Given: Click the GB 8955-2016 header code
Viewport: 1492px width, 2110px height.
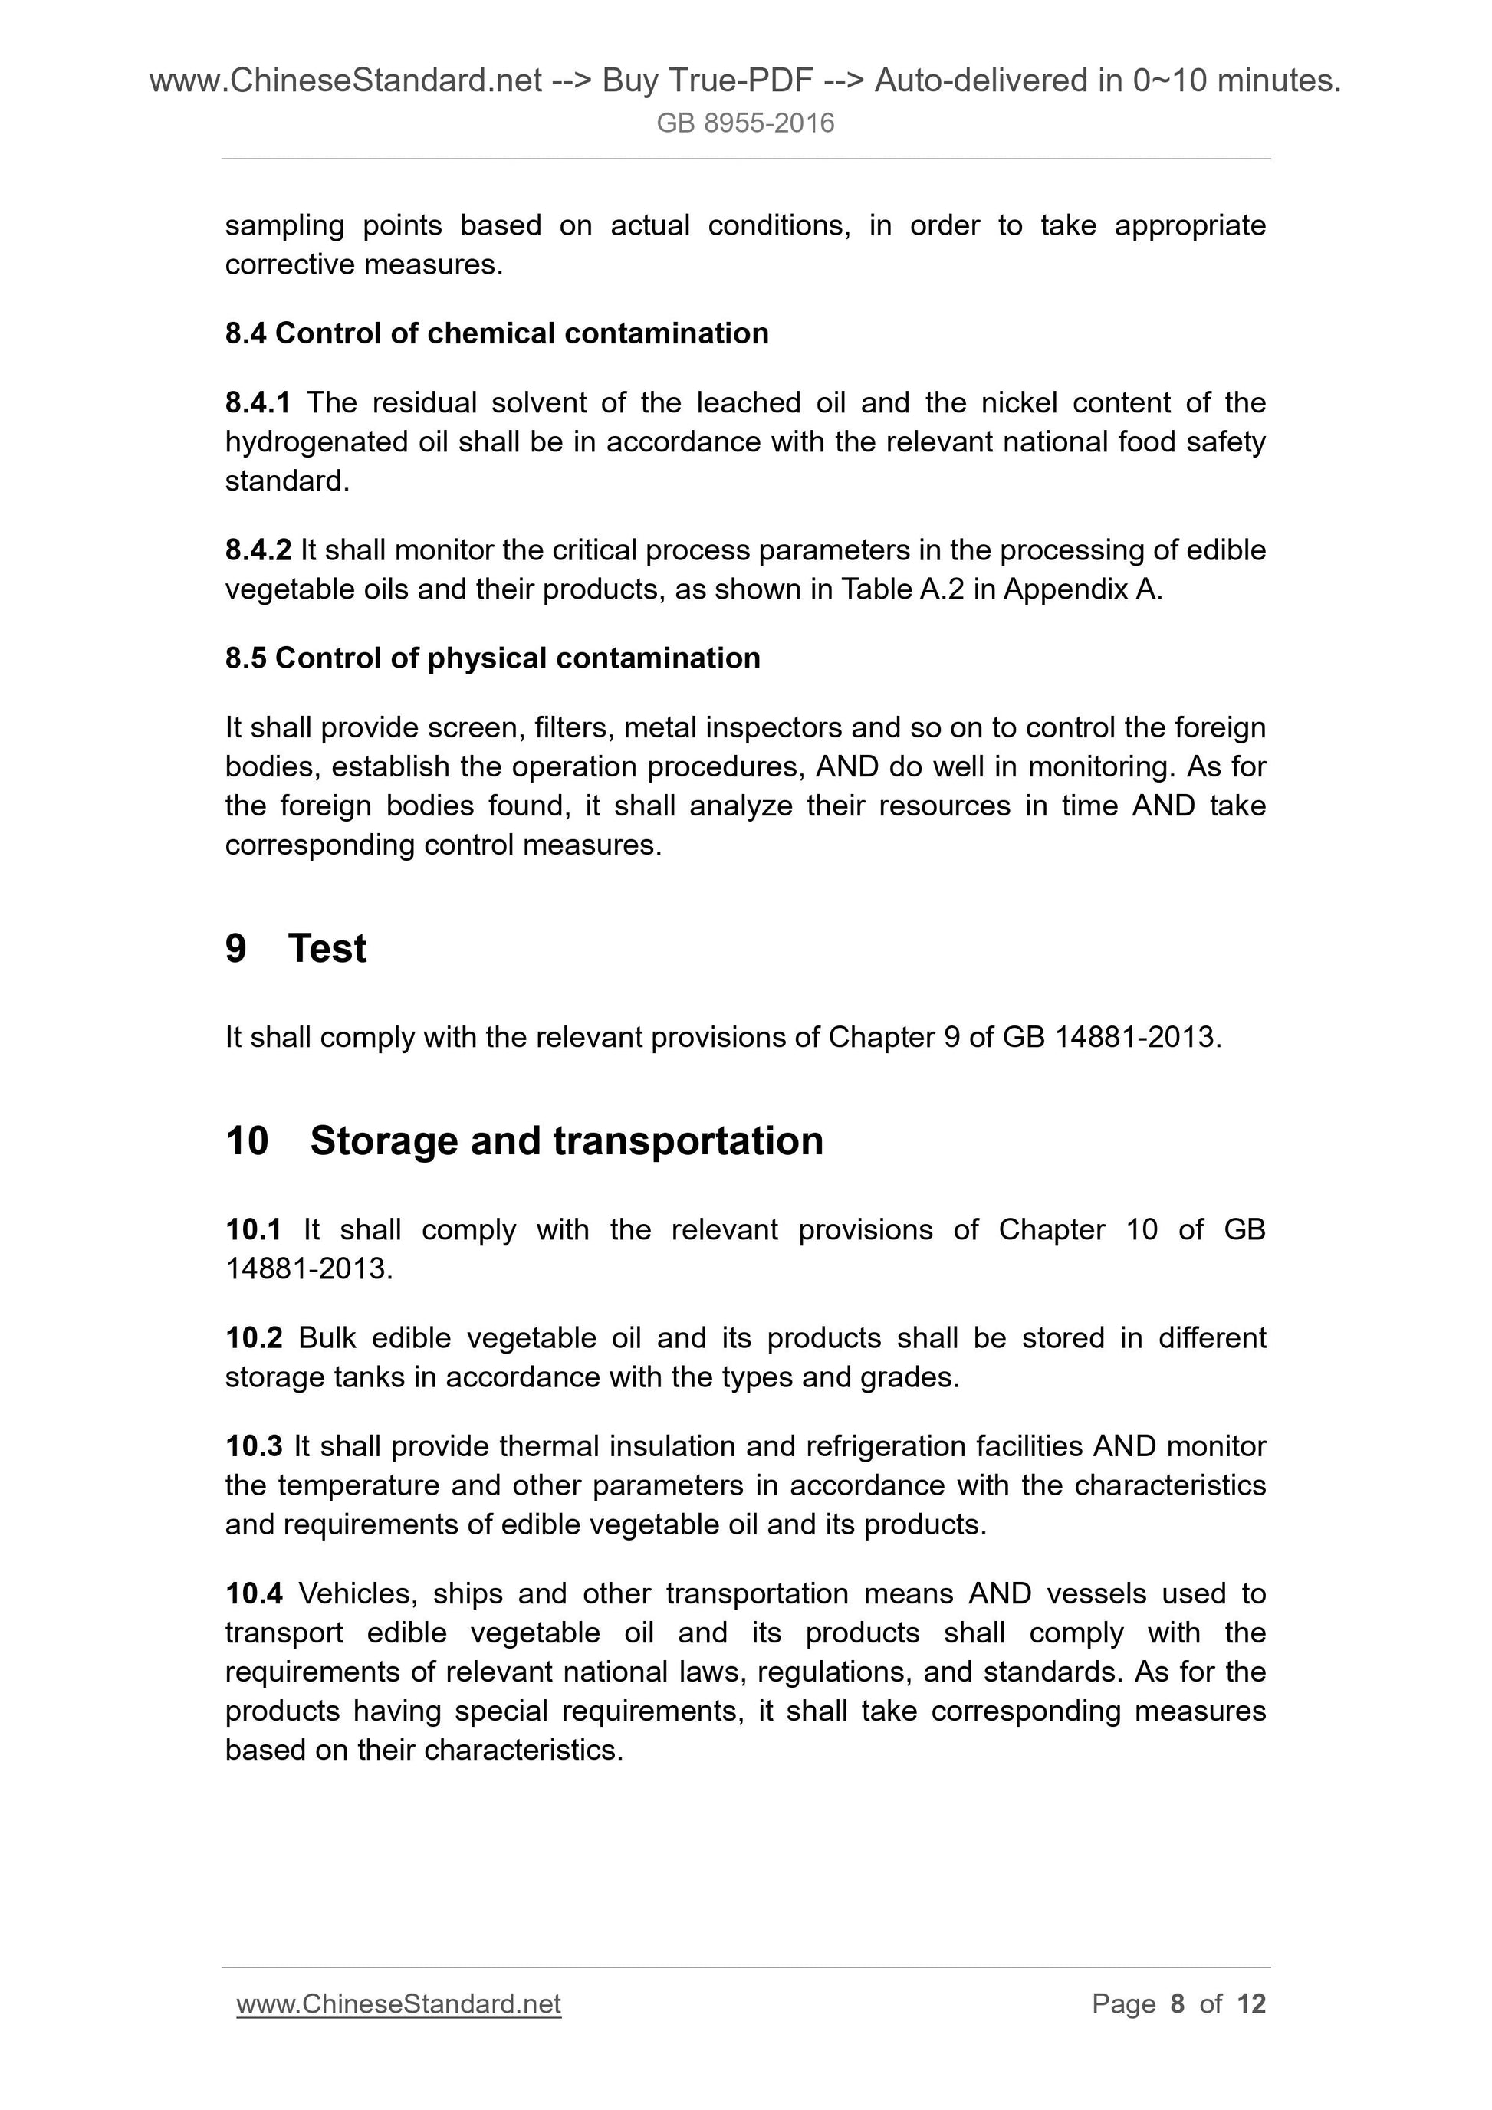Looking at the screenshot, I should (x=744, y=123).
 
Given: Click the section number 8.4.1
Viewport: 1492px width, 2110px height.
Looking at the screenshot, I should (x=258, y=402).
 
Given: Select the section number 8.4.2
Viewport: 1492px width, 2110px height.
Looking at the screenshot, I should (x=258, y=550).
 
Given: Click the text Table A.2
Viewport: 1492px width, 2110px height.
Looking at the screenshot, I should (x=902, y=589).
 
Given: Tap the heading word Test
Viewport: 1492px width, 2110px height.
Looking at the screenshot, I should (x=327, y=948).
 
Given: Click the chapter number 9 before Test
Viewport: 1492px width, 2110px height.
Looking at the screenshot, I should (x=235, y=948).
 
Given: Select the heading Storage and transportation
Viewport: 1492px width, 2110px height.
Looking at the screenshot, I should (x=567, y=1140).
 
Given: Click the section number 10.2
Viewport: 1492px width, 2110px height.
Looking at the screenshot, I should (x=254, y=1338).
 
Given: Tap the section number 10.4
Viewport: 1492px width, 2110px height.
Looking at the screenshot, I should (x=254, y=1593).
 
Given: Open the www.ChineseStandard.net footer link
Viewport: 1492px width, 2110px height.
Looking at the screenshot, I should (x=398, y=2004).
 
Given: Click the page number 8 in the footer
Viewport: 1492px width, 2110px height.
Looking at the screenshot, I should (x=1177, y=2004).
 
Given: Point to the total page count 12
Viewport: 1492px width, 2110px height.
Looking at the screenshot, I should (x=1251, y=2004).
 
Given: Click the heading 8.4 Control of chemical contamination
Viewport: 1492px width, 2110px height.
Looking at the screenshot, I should (x=496, y=333).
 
